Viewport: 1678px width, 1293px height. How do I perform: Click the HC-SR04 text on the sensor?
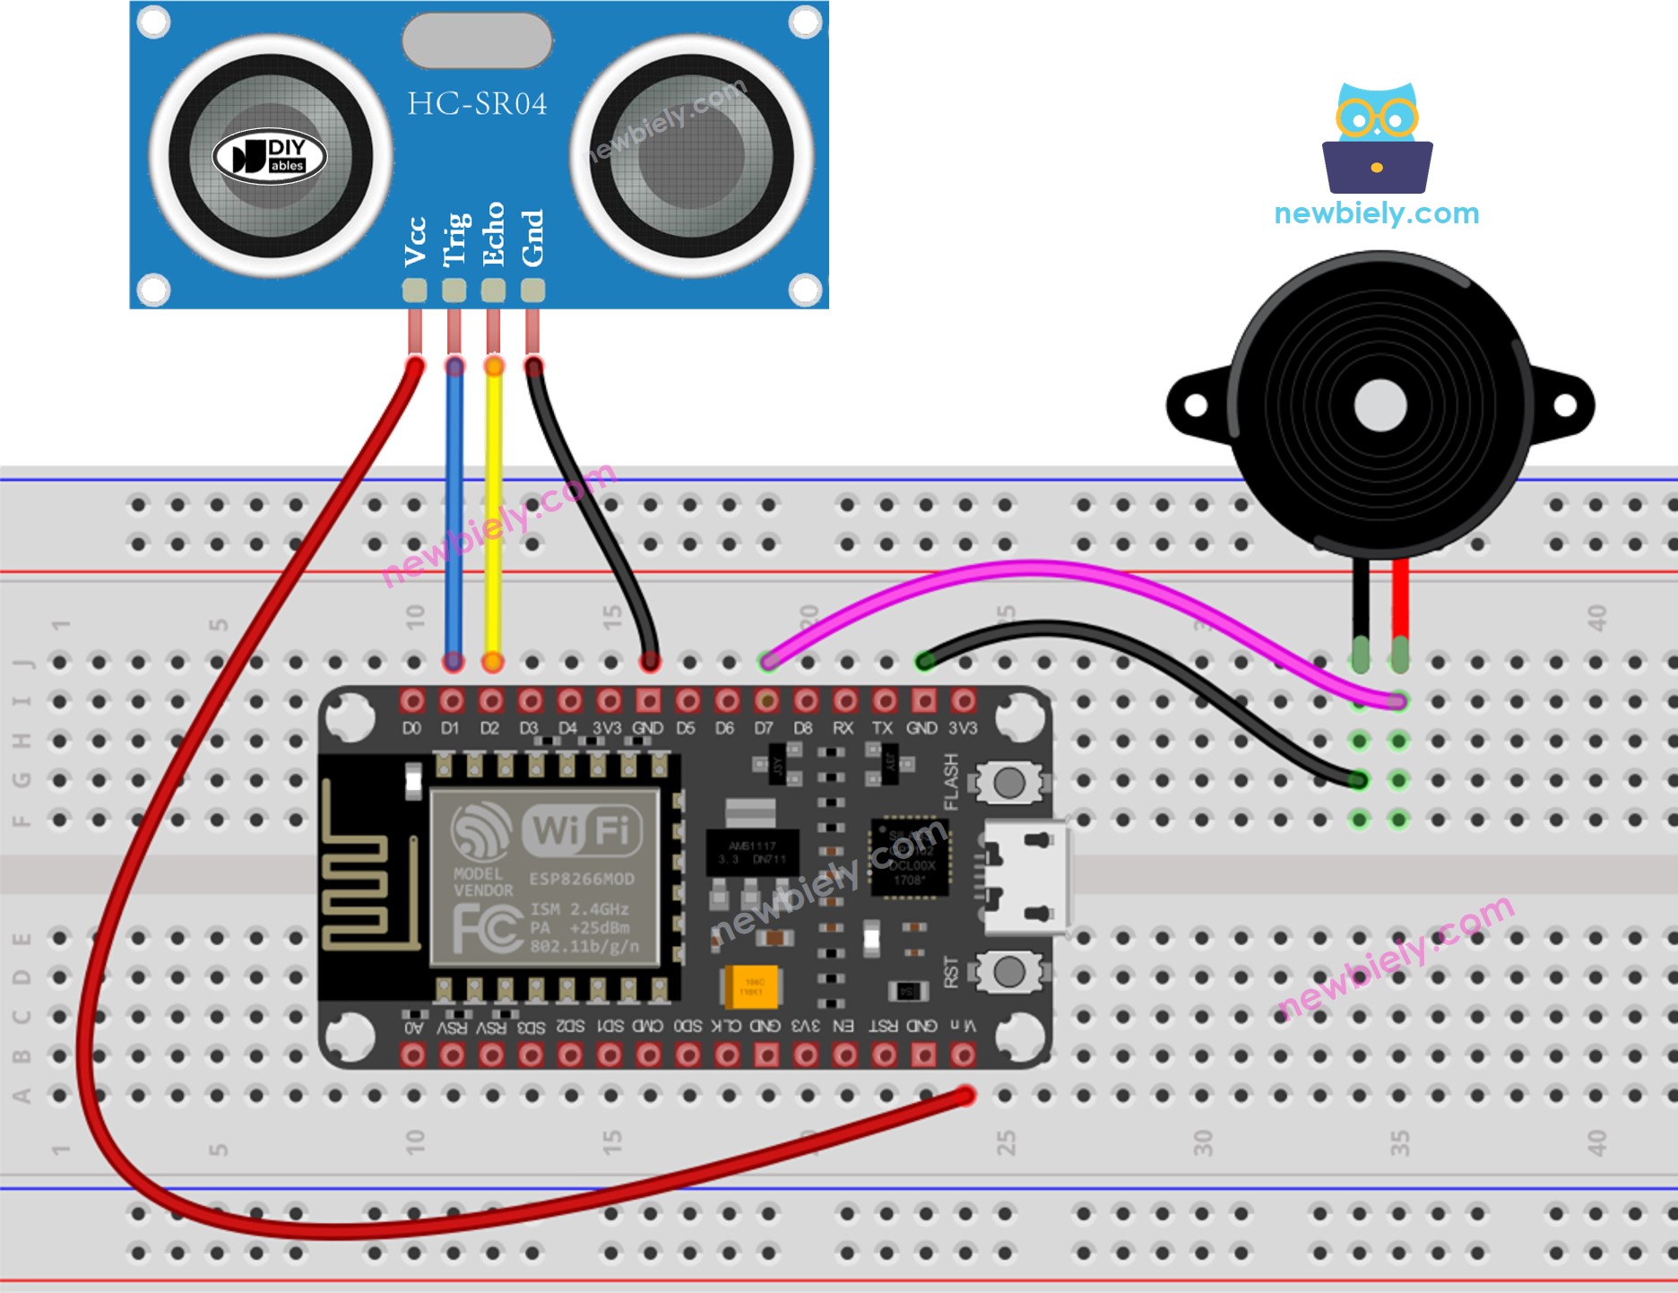[476, 104]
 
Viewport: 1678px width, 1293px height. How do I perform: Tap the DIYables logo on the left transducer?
[269, 157]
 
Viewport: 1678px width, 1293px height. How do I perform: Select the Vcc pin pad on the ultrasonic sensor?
[414, 290]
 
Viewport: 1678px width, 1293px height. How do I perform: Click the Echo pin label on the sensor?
[493, 234]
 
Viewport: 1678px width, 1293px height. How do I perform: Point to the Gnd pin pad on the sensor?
[532, 290]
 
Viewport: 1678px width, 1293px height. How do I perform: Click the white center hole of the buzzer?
[1380, 405]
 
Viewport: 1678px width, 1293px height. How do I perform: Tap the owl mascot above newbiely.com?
[1376, 139]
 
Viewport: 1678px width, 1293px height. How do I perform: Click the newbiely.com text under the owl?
[1376, 213]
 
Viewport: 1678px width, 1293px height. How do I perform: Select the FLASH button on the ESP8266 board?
[1008, 783]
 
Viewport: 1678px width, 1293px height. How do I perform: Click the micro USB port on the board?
[1026, 877]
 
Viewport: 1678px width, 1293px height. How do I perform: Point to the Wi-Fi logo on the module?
[583, 829]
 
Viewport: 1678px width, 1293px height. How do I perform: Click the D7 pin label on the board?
[764, 728]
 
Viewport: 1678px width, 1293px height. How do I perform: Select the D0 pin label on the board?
[411, 728]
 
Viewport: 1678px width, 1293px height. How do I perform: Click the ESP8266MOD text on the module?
[581, 879]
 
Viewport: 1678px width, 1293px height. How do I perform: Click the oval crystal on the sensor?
[476, 41]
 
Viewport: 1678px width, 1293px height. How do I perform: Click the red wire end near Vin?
[964, 1096]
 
